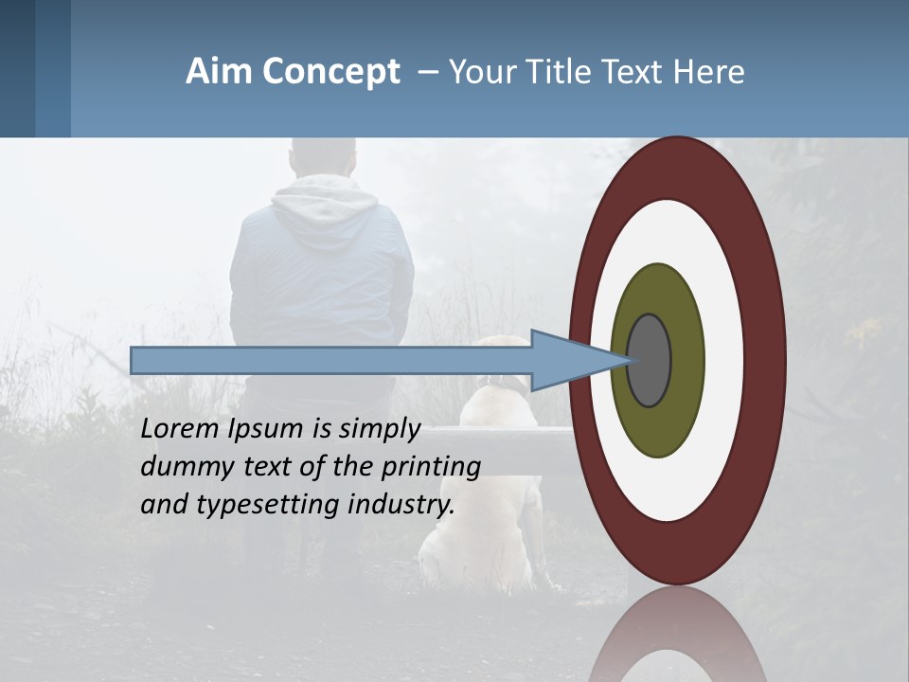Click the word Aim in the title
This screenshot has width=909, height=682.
220,72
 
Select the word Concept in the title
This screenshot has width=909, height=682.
332,73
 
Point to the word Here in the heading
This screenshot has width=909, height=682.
709,72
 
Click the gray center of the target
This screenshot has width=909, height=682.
650,361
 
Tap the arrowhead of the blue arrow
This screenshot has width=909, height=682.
568,361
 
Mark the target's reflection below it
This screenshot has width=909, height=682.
677,639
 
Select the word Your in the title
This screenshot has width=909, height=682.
478,72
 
